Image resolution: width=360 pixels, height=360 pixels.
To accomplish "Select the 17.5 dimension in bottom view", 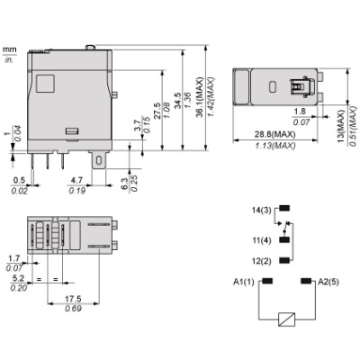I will click(74, 299).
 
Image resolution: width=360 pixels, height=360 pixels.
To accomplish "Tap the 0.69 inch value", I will click(74, 310).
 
